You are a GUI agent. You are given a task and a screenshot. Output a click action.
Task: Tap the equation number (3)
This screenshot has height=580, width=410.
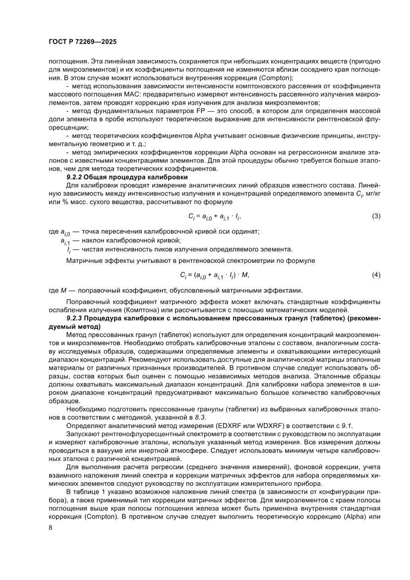tap(376, 216)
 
